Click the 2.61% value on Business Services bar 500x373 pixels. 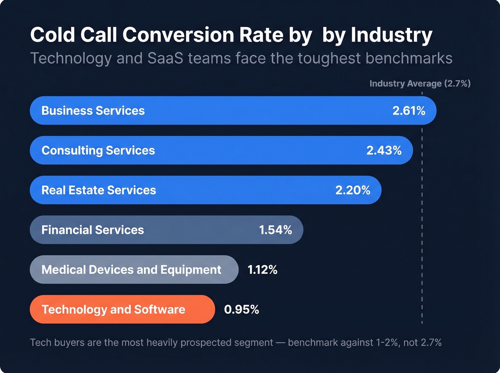[409, 111]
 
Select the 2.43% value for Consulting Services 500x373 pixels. [384, 150]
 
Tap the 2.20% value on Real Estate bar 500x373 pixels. [352, 190]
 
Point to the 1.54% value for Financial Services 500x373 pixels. [275, 230]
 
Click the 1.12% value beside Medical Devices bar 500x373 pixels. [262, 269]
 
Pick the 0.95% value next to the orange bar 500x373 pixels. [241, 309]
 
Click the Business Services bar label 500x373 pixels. [93, 111]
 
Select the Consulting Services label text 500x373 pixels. [98, 150]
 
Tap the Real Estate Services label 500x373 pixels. [99, 190]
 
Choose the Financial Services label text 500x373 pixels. [92, 230]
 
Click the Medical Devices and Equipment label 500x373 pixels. [131, 269]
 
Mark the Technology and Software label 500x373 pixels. [113, 309]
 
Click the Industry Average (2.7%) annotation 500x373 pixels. [420, 84]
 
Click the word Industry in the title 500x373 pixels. [391, 35]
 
